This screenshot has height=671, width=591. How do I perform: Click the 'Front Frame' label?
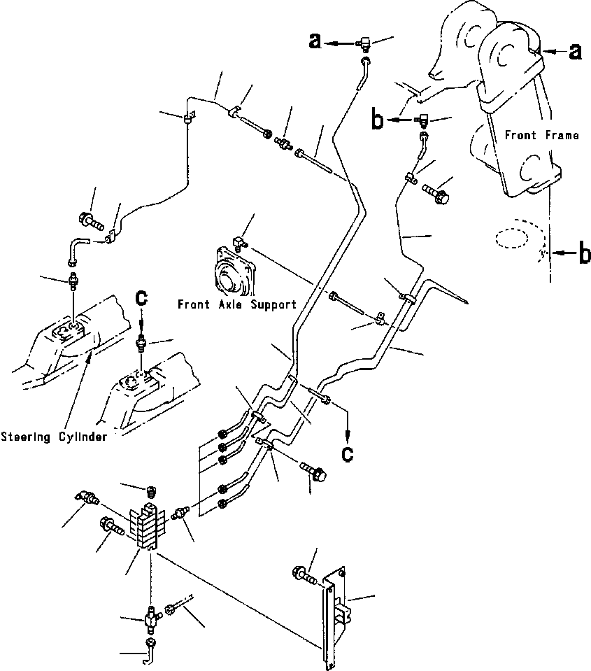pyautogui.click(x=542, y=135)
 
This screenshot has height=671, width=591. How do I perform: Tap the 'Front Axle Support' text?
pyautogui.click(x=237, y=304)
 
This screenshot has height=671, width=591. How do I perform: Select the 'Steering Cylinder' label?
pyautogui.click(x=54, y=437)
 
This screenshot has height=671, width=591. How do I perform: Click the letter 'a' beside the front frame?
pyautogui.click(x=575, y=51)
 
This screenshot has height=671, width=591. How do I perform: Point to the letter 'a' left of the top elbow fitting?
pyautogui.click(x=315, y=41)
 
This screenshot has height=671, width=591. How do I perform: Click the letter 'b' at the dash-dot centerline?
pyautogui.click(x=585, y=253)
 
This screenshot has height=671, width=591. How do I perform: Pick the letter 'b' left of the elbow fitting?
pyautogui.click(x=378, y=120)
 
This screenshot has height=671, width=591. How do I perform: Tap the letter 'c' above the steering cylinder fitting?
pyautogui.click(x=141, y=298)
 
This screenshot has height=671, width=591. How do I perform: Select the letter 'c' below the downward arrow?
pyautogui.click(x=348, y=455)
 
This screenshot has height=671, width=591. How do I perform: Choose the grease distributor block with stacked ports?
pyautogui.click(x=148, y=527)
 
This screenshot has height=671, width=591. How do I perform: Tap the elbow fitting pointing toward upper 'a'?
pyautogui.click(x=364, y=43)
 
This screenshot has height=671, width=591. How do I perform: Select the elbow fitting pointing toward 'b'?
pyautogui.click(x=422, y=120)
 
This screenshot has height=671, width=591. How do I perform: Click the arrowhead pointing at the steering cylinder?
pyautogui.click(x=89, y=359)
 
